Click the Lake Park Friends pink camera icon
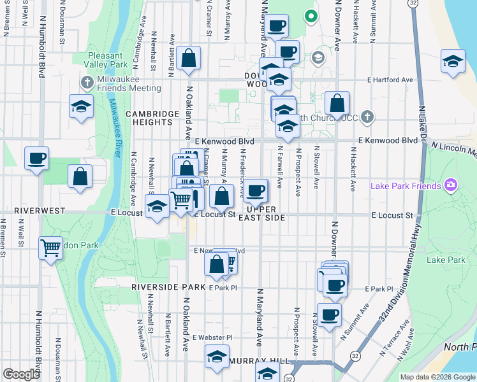coord(451,185)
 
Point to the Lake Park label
coord(446,260)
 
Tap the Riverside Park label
coord(168,287)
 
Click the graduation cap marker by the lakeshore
coord(451,62)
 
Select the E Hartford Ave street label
coord(390,80)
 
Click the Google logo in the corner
coord(22,374)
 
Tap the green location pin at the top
coord(311,15)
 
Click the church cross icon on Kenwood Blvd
coord(367,117)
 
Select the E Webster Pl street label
coord(213,337)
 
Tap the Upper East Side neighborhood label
coord(261,213)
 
